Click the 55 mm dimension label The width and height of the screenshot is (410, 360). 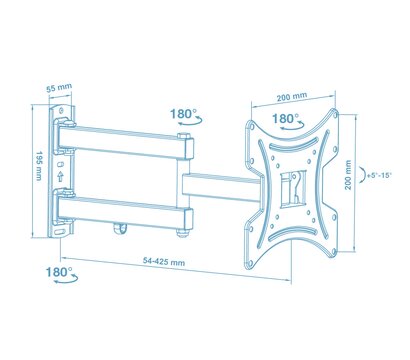click(59, 88)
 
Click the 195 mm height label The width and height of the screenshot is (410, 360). click(39, 166)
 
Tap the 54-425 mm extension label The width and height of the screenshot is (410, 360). click(164, 261)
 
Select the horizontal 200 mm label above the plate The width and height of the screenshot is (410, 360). click(292, 97)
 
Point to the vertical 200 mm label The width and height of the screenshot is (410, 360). click(348, 175)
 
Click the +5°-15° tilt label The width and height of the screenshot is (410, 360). click(379, 175)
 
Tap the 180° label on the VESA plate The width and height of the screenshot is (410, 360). click(286, 118)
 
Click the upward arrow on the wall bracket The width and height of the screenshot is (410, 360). click(60, 176)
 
